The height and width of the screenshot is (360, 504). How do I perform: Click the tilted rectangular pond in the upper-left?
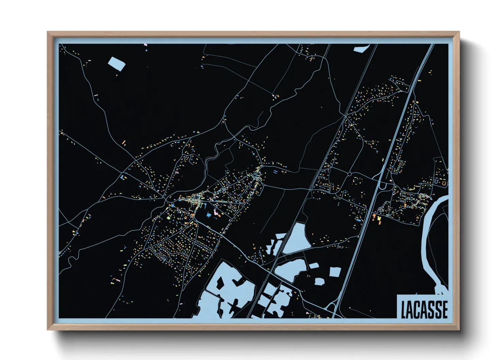tap(116, 64)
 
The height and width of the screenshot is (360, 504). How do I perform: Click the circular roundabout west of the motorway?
tap(349, 174)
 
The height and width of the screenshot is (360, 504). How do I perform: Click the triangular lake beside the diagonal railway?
tap(296, 240)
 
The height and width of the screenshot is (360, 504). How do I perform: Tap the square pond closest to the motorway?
tap(335, 271)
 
